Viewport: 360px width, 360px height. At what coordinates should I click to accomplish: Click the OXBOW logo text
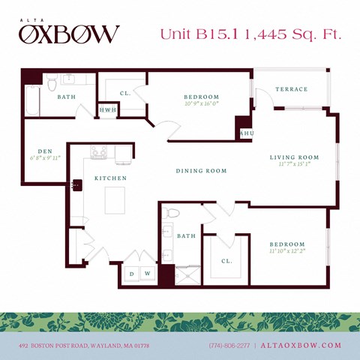point(69,34)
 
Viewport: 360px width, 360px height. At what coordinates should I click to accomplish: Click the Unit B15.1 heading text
point(196,34)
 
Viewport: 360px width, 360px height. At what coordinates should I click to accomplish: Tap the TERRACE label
point(291,89)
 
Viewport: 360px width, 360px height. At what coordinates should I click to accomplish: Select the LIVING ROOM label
point(295,157)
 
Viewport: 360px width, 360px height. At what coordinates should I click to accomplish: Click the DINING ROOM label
point(201,171)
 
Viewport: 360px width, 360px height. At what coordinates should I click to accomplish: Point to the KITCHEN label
point(109,178)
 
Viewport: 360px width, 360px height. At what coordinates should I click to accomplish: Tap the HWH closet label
point(108,110)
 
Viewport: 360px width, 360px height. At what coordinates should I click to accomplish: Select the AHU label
point(245,133)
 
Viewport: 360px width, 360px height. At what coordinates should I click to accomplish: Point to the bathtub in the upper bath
point(32,101)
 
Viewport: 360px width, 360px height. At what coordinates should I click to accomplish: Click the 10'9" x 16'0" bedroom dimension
point(201,104)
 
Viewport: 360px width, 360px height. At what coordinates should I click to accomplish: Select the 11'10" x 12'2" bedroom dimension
point(287,252)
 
